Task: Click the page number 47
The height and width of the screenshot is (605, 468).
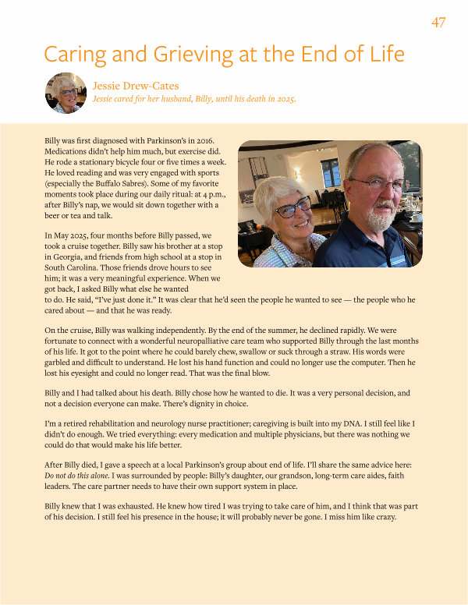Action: (438, 22)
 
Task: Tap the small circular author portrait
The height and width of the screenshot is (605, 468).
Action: (66, 92)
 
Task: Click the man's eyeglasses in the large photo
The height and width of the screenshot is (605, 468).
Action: (378, 184)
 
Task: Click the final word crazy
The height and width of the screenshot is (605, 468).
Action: (383, 518)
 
